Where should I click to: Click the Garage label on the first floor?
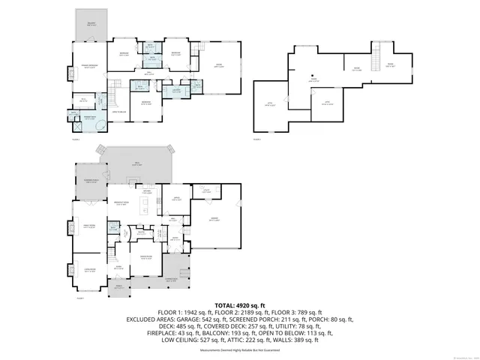point(214,220)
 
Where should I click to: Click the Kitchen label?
point(148,192)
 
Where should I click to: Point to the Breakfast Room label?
point(118,202)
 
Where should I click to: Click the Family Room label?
point(89,227)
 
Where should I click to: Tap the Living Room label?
point(89,271)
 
